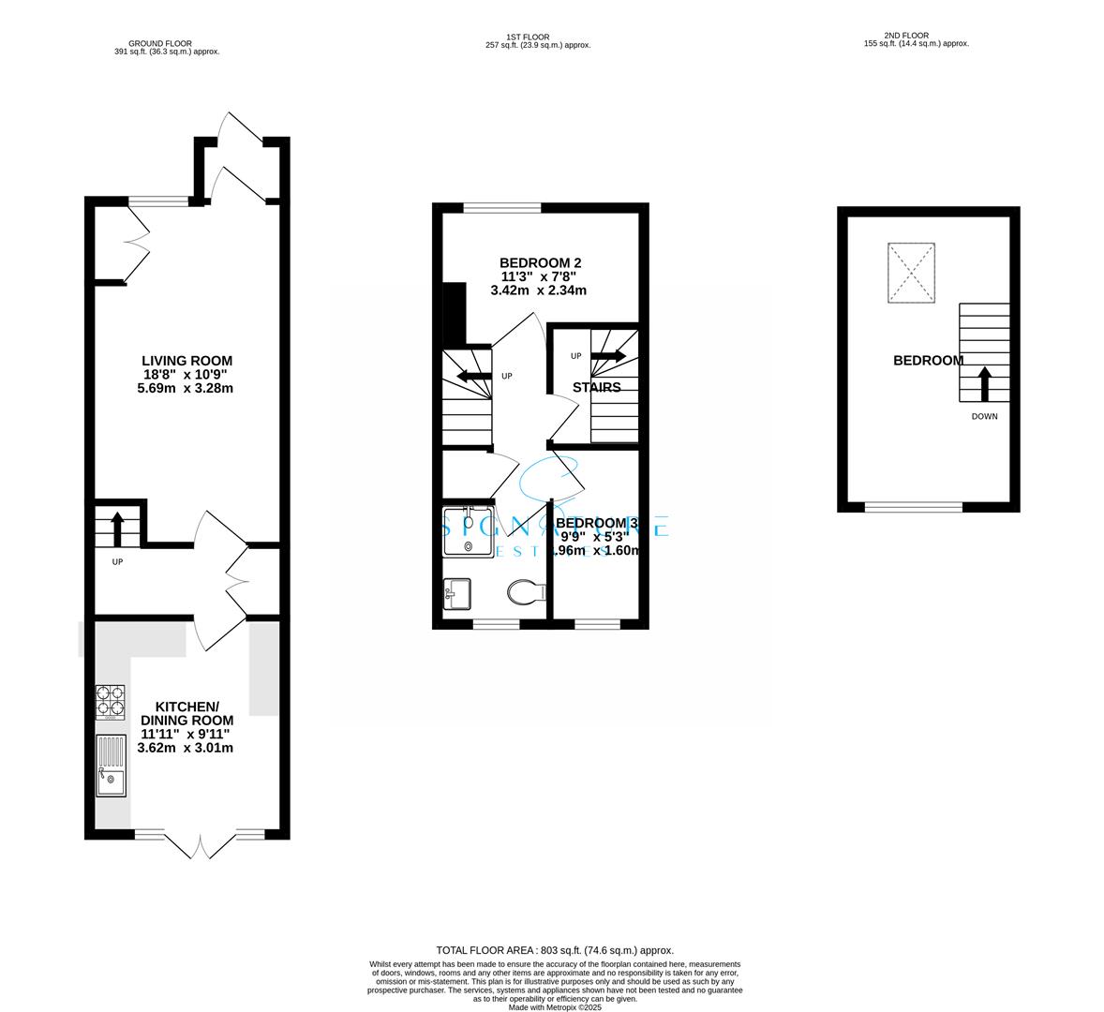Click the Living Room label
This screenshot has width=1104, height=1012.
click(x=186, y=361)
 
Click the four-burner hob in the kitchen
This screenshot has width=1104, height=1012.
click(x=110, y=701)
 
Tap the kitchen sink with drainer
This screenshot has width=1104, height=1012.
click(x=111, y=765)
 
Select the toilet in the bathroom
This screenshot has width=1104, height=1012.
click(x=526, y=592)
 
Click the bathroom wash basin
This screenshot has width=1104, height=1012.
click(x=457, y=593)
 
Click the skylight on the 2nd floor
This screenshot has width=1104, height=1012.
click(x=911, y=273)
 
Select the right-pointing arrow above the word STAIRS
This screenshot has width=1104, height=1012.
click(x=608, y=356)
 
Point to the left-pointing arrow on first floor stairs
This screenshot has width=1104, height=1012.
click(x=473, y=377)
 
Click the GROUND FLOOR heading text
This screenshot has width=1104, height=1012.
click(x=160, y=42)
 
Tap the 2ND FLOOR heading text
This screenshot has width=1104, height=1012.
click(x=916, y=38)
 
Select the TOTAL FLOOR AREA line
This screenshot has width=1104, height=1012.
click(x=555, y=949)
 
